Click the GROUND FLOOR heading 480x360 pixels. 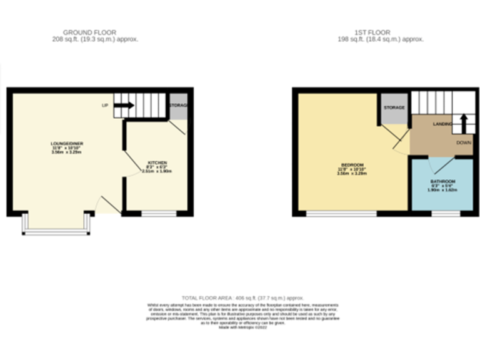89,32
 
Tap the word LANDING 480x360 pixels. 442,125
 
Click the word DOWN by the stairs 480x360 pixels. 463,142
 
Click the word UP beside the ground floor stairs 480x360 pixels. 105,105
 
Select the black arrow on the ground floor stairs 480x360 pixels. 124,105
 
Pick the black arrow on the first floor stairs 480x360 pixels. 463,121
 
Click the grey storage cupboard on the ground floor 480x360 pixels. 178,107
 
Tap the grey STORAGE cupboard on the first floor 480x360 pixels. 394,108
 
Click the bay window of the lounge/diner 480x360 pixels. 57,233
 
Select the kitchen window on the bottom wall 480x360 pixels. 159,214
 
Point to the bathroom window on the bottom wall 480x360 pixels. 446,214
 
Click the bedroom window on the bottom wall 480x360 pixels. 341,214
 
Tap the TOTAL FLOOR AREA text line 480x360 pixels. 242,298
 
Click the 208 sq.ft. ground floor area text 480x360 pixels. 95,39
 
